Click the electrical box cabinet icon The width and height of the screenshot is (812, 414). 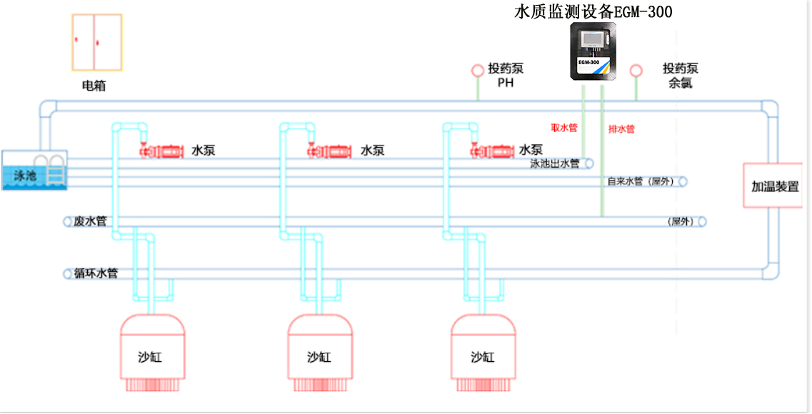click(x=96, y=42)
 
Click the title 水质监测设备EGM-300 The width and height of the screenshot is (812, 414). click(x=593, y=11)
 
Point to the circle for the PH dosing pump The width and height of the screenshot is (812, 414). click(x=477, y=71)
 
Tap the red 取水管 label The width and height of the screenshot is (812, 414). click(x=563, y=128)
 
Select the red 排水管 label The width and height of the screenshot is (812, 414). click(x=621, y=129)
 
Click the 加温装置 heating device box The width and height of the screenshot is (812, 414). click(x=775, y=186)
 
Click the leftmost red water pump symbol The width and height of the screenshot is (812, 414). click(x=162, y=151)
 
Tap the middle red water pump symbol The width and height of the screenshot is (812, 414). click(x=330, y=151)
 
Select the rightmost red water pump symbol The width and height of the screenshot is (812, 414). click(x=493, y=151)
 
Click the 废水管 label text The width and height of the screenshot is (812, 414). click(x=90, y=221)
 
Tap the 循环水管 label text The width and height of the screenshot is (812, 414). click(x=96, y=273)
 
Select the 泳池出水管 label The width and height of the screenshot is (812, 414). click(x=554, y=163)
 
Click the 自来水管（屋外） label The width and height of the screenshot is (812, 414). click(x=641, y=181)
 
